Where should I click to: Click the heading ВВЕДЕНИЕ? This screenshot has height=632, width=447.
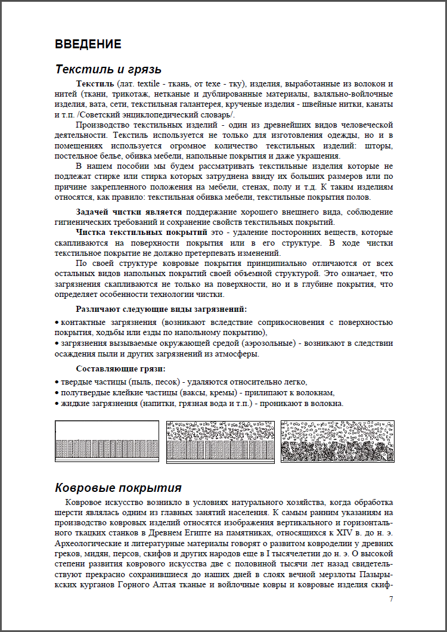88,44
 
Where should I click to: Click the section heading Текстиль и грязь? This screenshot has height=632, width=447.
108,69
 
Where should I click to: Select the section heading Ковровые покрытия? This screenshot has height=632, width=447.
118,488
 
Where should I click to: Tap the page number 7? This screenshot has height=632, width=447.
390,599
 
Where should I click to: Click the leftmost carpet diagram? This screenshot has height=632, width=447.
107,441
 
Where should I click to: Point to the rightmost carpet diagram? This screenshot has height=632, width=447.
336,441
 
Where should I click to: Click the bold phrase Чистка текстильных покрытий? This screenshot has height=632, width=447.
141,231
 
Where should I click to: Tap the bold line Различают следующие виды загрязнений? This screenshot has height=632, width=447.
161,309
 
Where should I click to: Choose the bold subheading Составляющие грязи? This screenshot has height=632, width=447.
120,368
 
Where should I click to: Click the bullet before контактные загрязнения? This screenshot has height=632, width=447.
57,323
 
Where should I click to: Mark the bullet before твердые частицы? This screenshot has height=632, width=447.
57,382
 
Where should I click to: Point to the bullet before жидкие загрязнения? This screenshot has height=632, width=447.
57,404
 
